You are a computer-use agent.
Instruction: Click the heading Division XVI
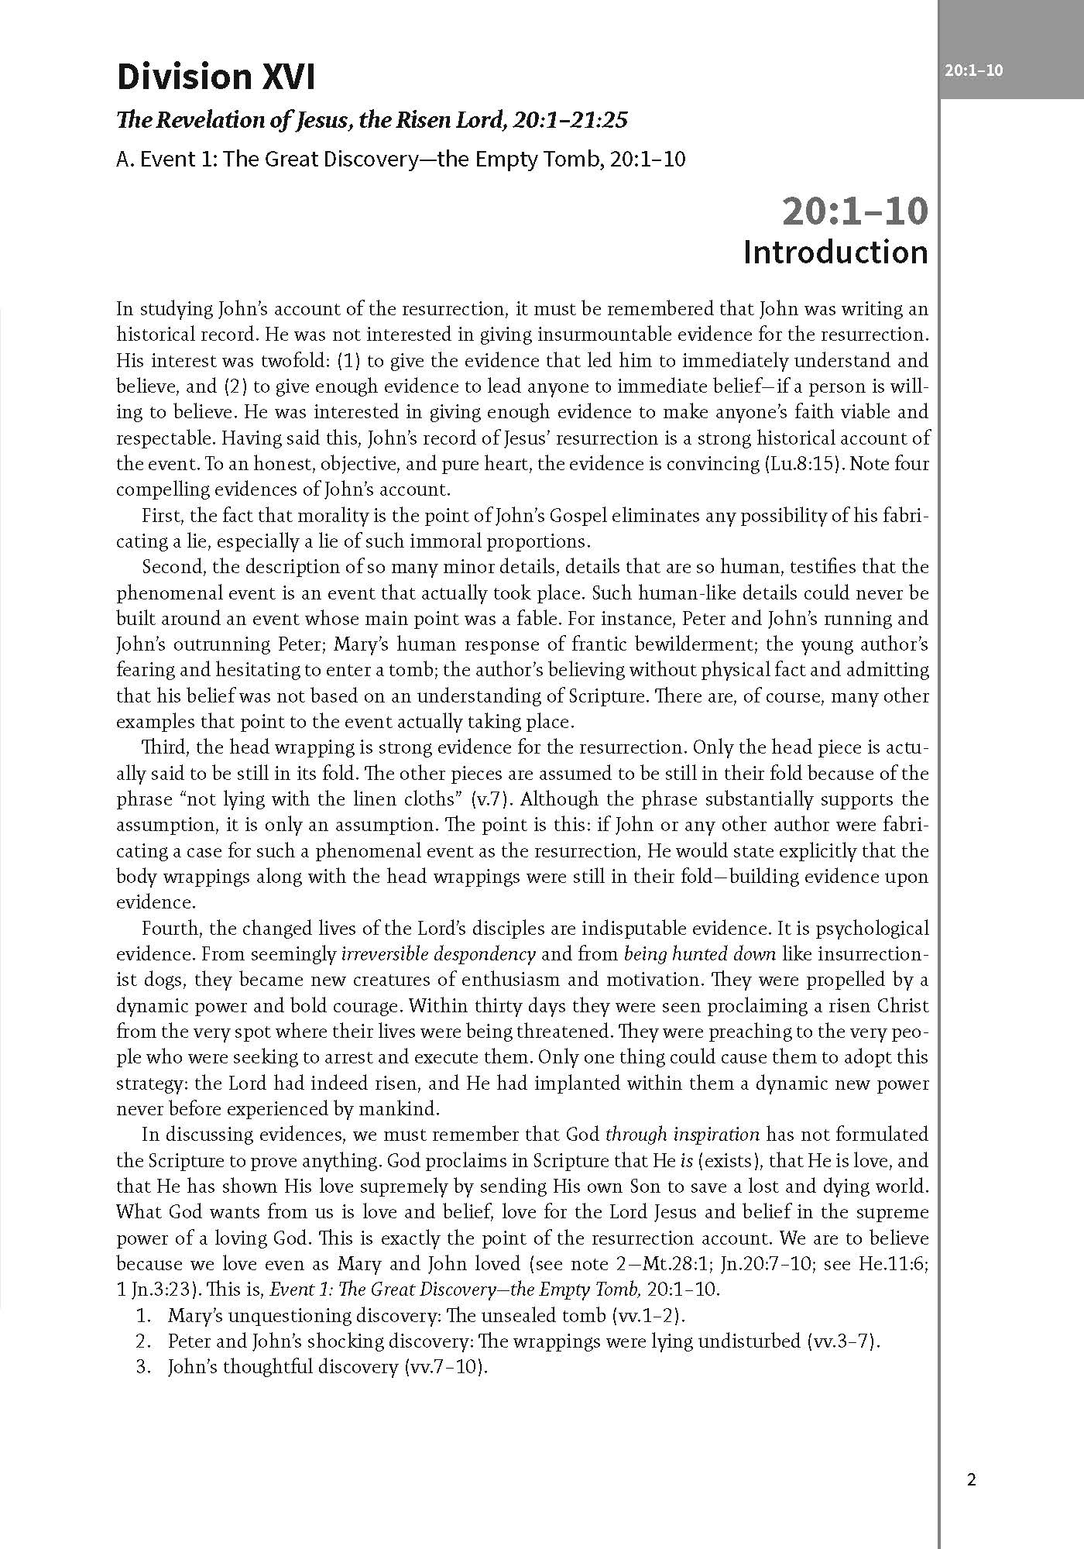[216, 78]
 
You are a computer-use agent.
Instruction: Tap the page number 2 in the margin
[972, 1480]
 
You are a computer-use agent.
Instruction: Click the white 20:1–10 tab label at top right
[973, 70]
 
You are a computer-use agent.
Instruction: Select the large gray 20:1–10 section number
[854, 211]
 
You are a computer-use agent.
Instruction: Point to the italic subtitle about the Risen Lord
[371, 120]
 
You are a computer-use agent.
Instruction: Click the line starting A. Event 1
[400, 160]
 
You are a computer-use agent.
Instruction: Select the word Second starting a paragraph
[172, 567]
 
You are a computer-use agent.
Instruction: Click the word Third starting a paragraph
[163, 748]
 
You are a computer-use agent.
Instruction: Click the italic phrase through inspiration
[682, 1135]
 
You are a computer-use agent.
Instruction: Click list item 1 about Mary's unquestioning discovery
[427, 1315]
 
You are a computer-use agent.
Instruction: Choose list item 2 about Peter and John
[524, 1341]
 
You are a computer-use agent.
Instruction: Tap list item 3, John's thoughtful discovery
[328, 1366]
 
